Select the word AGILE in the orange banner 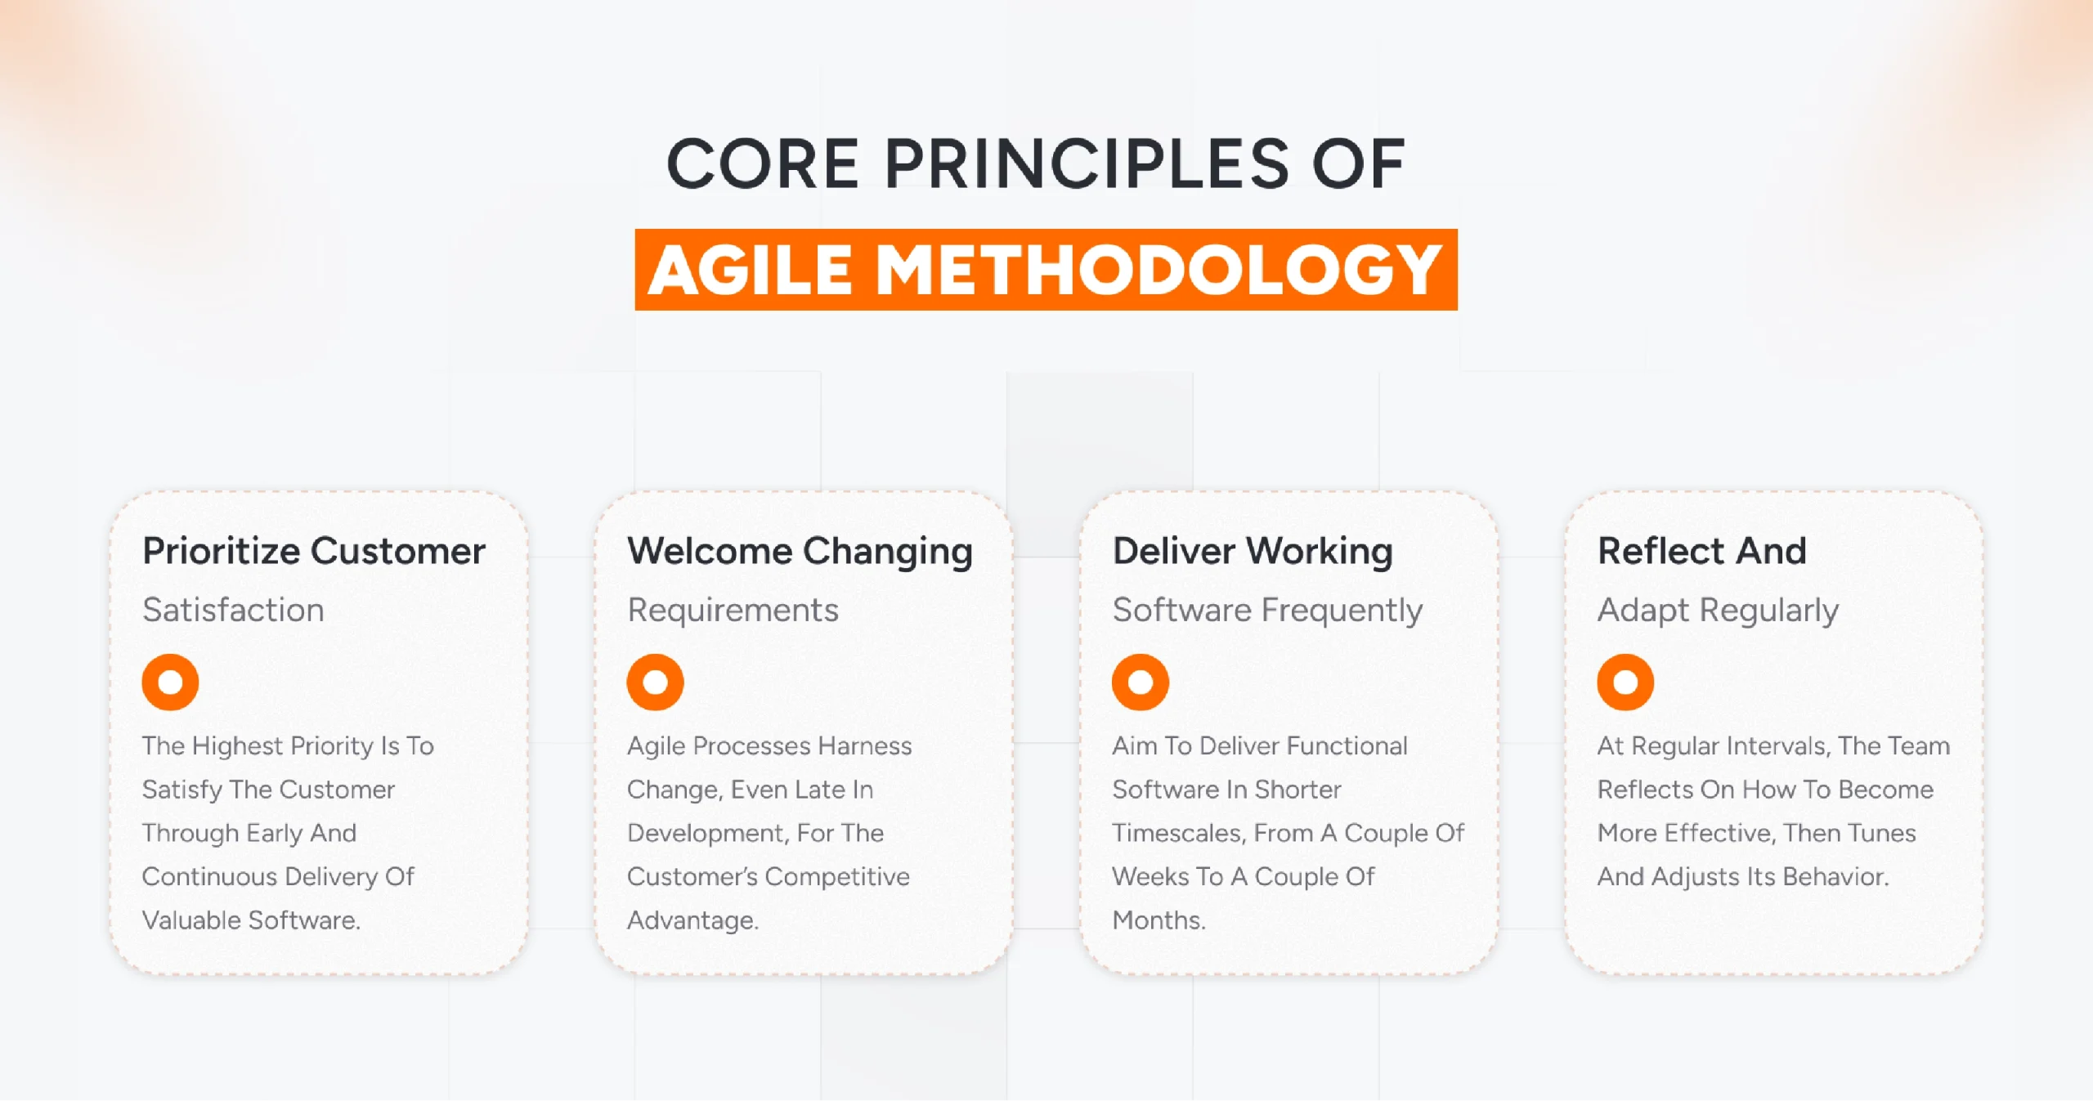[x=751, y=271]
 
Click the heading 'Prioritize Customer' [x=314, y=551]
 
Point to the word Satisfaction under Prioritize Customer [x=233, y=611]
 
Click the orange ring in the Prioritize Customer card [x=170, y=682]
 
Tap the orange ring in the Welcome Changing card [x=655, y=682]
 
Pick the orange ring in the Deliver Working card [x=1140, y=682]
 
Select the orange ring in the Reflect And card [x=1625, y=682]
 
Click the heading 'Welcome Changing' [x=800, y=551]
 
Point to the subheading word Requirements [x=733, y=611]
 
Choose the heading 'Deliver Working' [x=1253, y=551]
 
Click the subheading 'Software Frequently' [x=1267, y=611]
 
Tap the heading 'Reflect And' [x=1701, y=551]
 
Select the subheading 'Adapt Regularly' [x=1718, y=611]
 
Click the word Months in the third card [x=1156, y=920]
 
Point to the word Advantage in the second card [x=691, y=920]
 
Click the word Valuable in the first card [x=192, y=920]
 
